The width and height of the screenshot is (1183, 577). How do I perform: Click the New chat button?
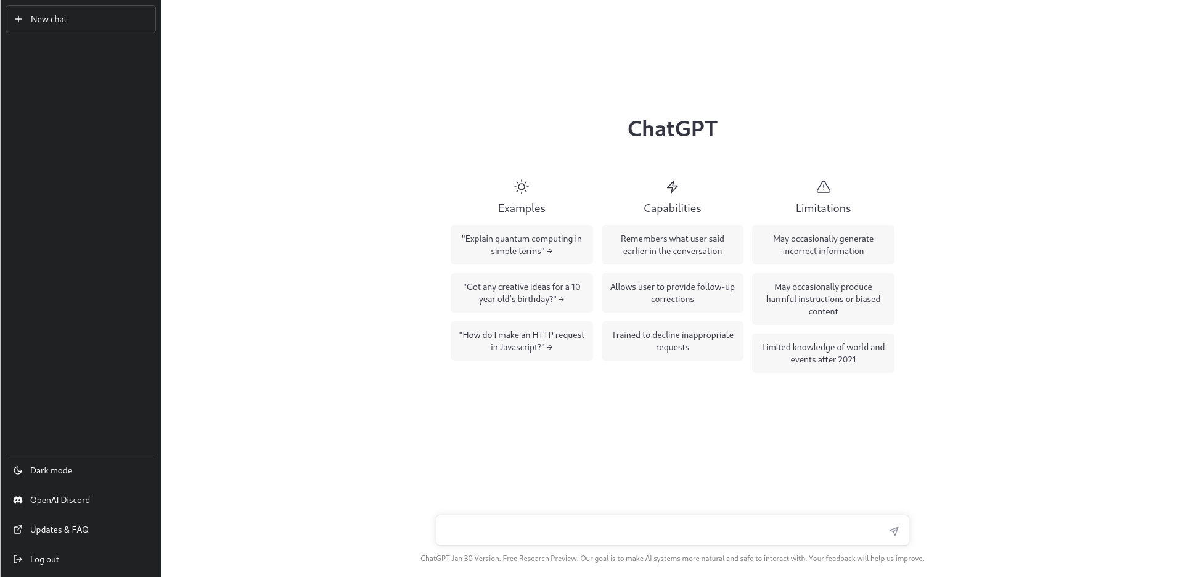click(81, 19)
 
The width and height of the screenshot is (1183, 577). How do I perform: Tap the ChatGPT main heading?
click(673, 129)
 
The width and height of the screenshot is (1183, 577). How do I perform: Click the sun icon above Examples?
click(522, 187)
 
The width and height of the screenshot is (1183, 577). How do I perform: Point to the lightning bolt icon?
click(673, 187)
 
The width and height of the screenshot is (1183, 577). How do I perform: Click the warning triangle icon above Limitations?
click(824, 187)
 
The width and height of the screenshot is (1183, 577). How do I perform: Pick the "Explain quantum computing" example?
click(522, 245)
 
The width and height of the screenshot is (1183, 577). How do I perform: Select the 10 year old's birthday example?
click(522, 293)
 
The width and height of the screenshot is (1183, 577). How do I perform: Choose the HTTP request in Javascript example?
click(522, 341)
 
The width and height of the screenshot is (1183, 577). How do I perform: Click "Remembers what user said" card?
click(673, 245)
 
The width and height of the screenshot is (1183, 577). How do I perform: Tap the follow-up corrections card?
click(673, 293)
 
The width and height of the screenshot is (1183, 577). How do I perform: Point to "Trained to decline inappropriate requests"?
click(673, 341)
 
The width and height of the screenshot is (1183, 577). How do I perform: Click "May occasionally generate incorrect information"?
click(823, 245)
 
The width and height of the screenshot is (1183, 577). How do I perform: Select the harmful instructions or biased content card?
click(823, 299)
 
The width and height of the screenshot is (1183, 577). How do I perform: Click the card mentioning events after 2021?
click(823, 353)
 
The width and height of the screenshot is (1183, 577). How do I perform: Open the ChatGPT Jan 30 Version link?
click(460, 559)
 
